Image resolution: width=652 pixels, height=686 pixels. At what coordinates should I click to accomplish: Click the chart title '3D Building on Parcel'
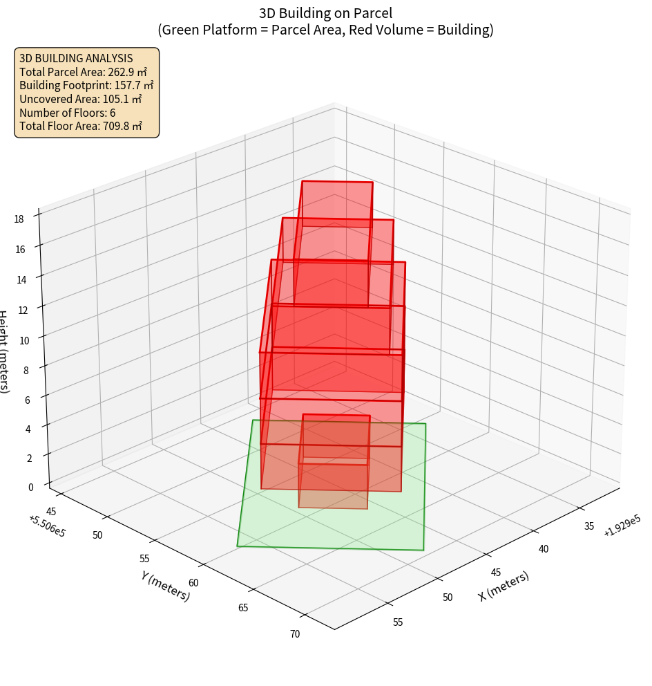pos(326,12)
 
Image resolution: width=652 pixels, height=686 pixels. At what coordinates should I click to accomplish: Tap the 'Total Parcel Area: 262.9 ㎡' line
pos(83,72)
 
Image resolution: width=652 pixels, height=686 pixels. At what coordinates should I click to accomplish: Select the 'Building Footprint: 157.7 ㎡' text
pos(86,85)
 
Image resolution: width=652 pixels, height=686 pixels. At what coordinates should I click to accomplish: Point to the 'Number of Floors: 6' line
pos(67,113)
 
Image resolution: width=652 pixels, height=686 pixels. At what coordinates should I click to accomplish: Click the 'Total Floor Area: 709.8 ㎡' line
pos(81,126)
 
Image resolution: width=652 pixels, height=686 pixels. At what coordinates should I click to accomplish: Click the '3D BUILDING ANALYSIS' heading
pos(76,58)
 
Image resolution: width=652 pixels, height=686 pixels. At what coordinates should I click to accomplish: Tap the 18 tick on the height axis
pos(19,219)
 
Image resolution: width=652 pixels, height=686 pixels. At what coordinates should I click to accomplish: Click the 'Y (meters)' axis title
pos(166,585)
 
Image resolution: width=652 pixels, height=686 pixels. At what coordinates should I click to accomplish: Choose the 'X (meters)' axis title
pos(504,586)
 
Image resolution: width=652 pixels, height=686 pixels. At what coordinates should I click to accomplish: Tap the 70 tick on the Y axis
pos(295,633)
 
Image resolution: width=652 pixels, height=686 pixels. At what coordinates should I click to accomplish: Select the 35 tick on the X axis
pos(589,526)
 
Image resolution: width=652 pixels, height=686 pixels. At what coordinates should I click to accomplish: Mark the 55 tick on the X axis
pos(398,622)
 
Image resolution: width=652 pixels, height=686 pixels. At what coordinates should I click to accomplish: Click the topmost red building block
pos(337,203)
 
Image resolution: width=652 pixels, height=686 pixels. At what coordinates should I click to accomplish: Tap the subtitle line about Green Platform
pos(326,30)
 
